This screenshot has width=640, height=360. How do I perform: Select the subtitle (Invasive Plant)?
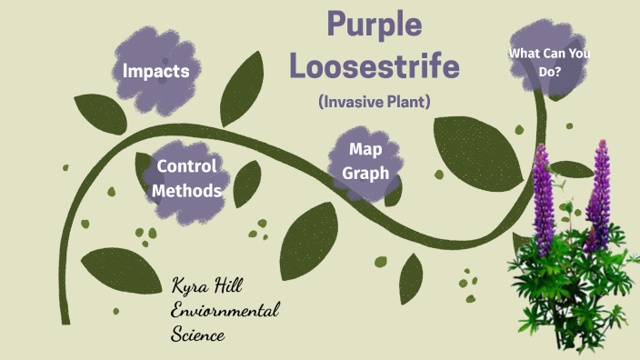pyautogui.click(x=375, y=102)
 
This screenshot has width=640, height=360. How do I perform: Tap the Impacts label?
pyautogui.click(x=156, y=71)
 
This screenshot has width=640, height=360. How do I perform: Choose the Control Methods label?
pyautogui.click(x=186, y=178)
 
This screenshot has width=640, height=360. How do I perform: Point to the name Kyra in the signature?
pyautogui.click(x=194, y=285)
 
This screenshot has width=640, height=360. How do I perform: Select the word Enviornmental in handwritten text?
pyautogui.click(x=225, y=311)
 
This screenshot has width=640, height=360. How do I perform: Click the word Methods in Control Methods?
pyautogui.click(x=186, y=190)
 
